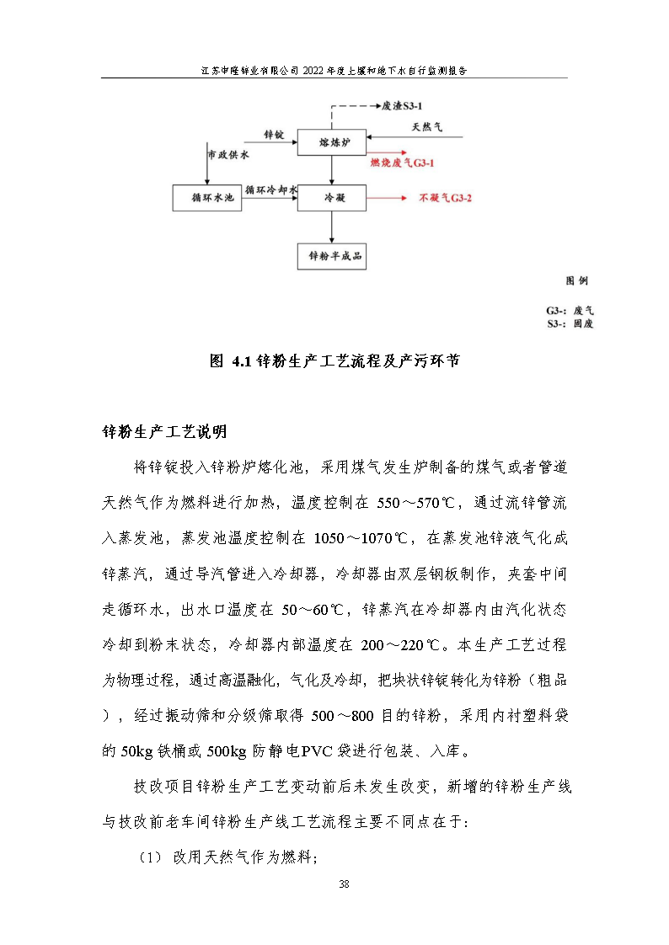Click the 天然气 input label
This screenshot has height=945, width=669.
(426, 128)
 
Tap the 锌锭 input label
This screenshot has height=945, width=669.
(273, 134)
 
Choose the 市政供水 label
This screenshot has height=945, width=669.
(228, 156)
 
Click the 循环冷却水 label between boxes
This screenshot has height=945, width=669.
(271, 190)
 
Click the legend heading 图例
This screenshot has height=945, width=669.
(576, 280)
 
